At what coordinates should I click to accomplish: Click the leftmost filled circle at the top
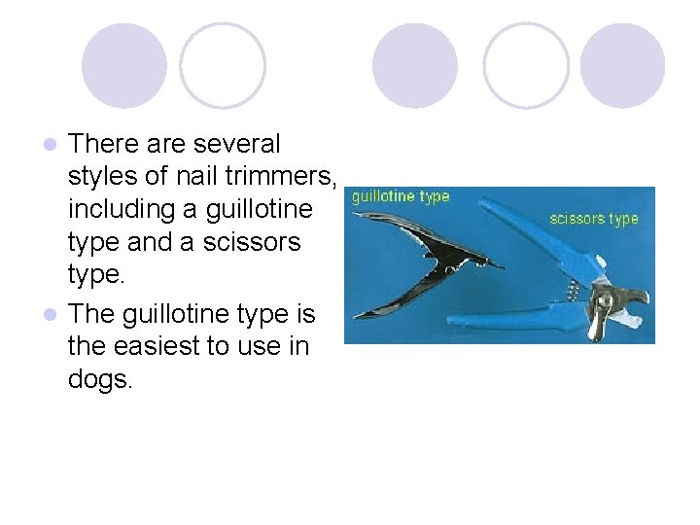(123, 66)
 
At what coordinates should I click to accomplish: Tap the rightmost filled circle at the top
(622, 66)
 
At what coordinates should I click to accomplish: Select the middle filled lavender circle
(415, 66)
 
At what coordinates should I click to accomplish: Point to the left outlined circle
(223, 66)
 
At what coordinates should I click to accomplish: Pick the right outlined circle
(526, 66)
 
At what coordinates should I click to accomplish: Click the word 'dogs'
(98, 379)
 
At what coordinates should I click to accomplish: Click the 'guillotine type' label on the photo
(401, 196)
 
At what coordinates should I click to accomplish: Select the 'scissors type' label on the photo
(594, 218)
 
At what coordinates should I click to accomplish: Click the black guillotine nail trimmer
(418, 258)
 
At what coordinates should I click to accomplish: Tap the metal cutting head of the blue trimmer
(608, 307)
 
